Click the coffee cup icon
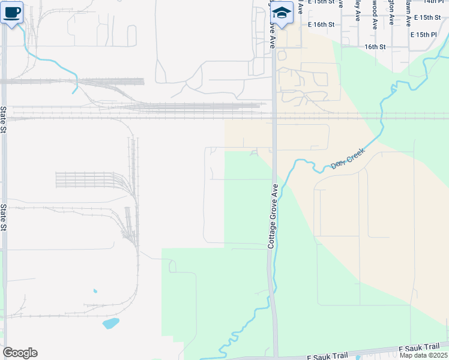pyautogui.click(x=13, y=11)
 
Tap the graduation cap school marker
pyautogui.click(x=282, y=11)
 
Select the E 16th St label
pyautogui.click(x=321, y=25)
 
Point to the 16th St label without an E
pyautogui.click(x=375, y=46)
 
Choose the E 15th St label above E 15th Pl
pyautogui.click(x=426, y=17)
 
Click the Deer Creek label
pyautogui.click(x=348, y=160)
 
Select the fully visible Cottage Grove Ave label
pyautogui.click(x=271, y=217)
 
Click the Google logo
pyautogui.click(x=20, y=353)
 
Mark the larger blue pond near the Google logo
pyautogui.click(x=110, y=323)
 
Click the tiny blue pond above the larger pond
pyautogui.click(x=95, y=292)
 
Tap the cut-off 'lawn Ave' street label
pyautogui.click(x=408, y=12)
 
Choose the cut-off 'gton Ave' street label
pyautogui.click(x=391, y=12)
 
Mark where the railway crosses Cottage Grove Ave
pyautogui.click(x=274, y=115)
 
